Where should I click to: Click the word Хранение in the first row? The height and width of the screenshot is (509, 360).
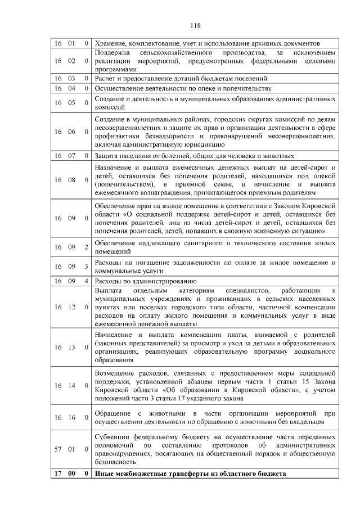pyautogui.click(x=110, y=43)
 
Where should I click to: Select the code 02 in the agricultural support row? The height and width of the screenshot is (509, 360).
pyautogui.click(x=71, y=60)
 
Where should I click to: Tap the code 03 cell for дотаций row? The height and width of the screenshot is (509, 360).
pyautogui.click(x=71, y=79)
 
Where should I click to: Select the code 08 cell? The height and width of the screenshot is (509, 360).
pyautogui.click(x=71, y=179)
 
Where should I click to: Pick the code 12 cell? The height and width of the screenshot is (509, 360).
pyautogui.click(x=71, y=307)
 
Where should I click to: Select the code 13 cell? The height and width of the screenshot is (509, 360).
pyautogui.click(x=71, y=347)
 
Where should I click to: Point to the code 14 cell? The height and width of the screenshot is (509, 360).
pyautogui.click(x=71, y=386)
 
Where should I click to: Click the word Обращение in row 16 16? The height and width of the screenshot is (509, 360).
pyautogui.click(x=115, y=413)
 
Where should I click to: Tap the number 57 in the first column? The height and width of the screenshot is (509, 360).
pyautogui.click(x=58, y=449)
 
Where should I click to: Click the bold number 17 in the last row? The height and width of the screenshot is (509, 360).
pyautogui.click(x=57, y=474)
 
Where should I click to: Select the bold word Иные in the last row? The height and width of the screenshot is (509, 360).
pyautogui.click(x=105, y=474)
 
